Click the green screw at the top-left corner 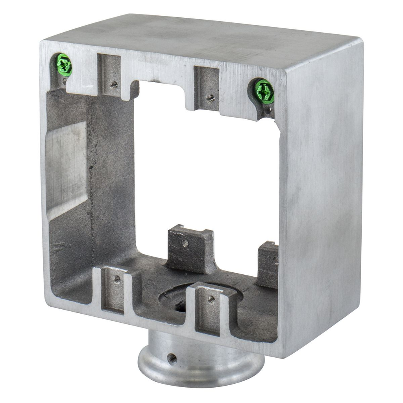pos(64,65)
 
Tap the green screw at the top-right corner pos(264,91)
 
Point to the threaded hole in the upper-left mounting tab pos(114,84)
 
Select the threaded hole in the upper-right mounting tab pos(211,98)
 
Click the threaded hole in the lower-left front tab pos(117,279)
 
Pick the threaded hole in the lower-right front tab pos(211,299)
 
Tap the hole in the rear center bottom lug pos(185,243)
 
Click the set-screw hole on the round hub pos(172,358)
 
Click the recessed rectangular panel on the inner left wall pos(67,169)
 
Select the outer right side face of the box pos(323,197)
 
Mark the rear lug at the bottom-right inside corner pos(268,264)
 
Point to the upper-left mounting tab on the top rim pos(110,75)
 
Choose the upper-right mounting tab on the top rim pos(206,87)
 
